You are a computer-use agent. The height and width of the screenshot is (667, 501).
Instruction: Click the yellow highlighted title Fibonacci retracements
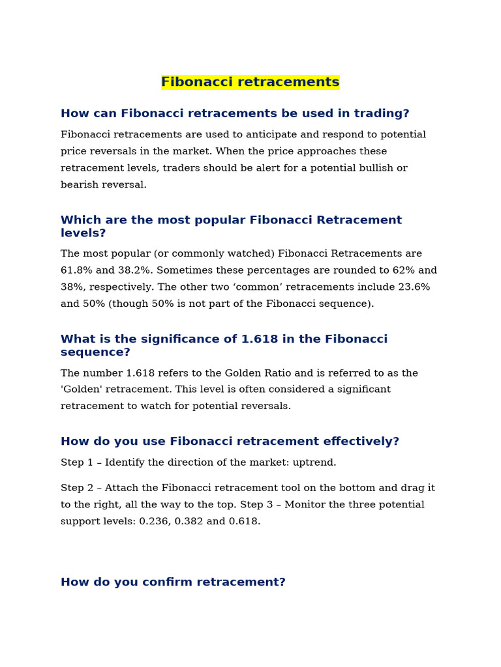point(250,82)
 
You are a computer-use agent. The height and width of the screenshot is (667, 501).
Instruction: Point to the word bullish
point(369,168)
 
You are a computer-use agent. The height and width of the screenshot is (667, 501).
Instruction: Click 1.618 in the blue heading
point(261,339)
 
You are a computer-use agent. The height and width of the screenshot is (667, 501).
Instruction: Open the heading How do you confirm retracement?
point(173,582)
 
